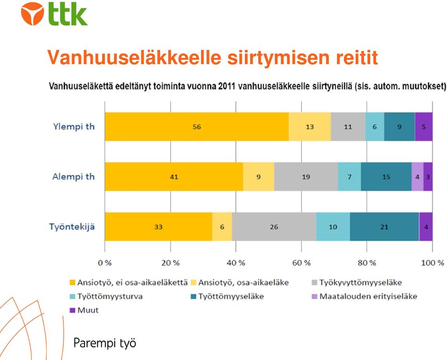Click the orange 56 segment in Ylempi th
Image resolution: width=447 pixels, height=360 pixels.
[x=196, y=127]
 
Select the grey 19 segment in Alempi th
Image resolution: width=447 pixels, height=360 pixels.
[x=306, y=177]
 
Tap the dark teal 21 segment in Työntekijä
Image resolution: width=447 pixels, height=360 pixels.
[x=384, y=227]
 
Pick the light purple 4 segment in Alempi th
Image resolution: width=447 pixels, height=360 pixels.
[x=417, y=177]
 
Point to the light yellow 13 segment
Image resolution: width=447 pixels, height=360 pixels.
[x=310, y=127]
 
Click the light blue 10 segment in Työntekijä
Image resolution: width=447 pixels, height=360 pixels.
[x=333, y=227]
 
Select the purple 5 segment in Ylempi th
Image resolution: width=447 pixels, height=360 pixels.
[x=424, y=127]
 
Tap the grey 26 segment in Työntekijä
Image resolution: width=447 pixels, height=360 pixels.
[x=274, y=227]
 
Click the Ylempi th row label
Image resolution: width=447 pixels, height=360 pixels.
[x=74, y=127]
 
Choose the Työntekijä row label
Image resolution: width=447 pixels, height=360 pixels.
[x=72, y=227]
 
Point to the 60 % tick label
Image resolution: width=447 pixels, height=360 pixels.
[x=301, y=263]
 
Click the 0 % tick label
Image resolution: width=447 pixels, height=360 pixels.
[x=105, y=263]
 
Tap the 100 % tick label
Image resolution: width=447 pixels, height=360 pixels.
[x=433, y=263]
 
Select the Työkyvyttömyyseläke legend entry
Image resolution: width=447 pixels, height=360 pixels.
[x=357, y=282]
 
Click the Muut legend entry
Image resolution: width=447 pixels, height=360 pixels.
[x=84, y=310]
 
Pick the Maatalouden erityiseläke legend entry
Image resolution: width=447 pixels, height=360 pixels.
[x=365, y=296]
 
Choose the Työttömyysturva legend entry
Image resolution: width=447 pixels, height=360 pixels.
[x=106, y=296]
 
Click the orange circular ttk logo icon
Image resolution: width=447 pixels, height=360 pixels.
[x=33, y=13]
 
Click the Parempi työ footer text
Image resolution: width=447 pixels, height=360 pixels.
[x=105, y=343]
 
